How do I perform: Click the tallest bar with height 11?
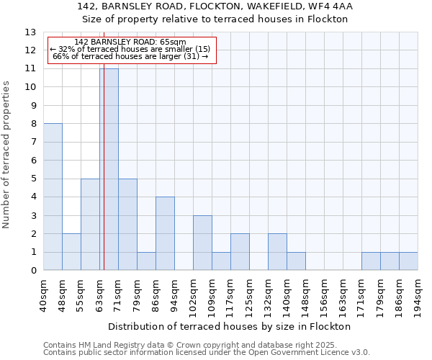click(x=109, y=169)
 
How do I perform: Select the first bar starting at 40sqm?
click(x=53, y=197)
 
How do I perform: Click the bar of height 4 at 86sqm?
click(x=165, y=233)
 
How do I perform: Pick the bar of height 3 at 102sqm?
click(x=202, y=243)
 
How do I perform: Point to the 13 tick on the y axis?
click(x=31, y=32)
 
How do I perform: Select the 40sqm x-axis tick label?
click(x=44, y=294)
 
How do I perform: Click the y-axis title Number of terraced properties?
click(x=7, y=155)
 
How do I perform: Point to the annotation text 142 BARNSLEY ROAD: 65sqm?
click(x=130, y=42)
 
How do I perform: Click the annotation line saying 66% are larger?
click(x=130, y=56)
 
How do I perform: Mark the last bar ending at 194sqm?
click(x=408, y=261)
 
